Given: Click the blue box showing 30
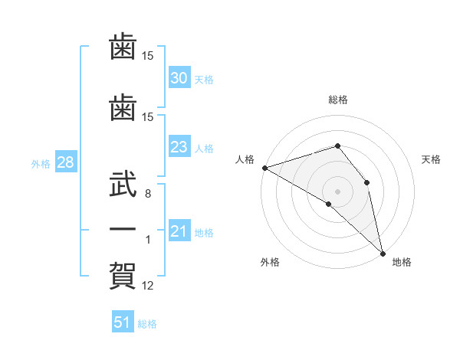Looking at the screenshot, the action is point(179,77).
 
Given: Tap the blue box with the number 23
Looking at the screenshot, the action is point(179,146).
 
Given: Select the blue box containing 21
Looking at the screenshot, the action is point(179,230).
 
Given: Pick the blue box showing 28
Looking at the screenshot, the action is point(66,162).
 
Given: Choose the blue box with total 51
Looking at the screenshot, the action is point(123,321).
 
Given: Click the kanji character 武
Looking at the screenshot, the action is point(123,184).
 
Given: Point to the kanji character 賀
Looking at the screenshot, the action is point(123,276).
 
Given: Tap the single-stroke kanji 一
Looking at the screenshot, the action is point(123,229).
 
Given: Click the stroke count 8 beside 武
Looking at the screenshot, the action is point(148,194).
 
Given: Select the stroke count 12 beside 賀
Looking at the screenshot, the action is point(147,286).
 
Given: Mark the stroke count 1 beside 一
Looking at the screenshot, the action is point(148,240).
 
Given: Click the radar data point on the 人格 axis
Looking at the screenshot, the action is point(265,168).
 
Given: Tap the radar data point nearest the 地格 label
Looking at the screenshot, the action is point(383,254).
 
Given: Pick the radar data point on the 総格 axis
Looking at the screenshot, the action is point(337,146).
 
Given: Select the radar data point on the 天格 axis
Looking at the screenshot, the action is point(366,182).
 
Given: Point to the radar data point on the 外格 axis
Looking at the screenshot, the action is point(329,204).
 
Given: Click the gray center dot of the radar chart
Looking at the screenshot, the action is point(337,191).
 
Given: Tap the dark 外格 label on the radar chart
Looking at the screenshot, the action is point(270,262).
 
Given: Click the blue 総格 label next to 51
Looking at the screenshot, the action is point(147,324).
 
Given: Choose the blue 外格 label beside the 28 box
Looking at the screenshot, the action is point(41,164).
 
